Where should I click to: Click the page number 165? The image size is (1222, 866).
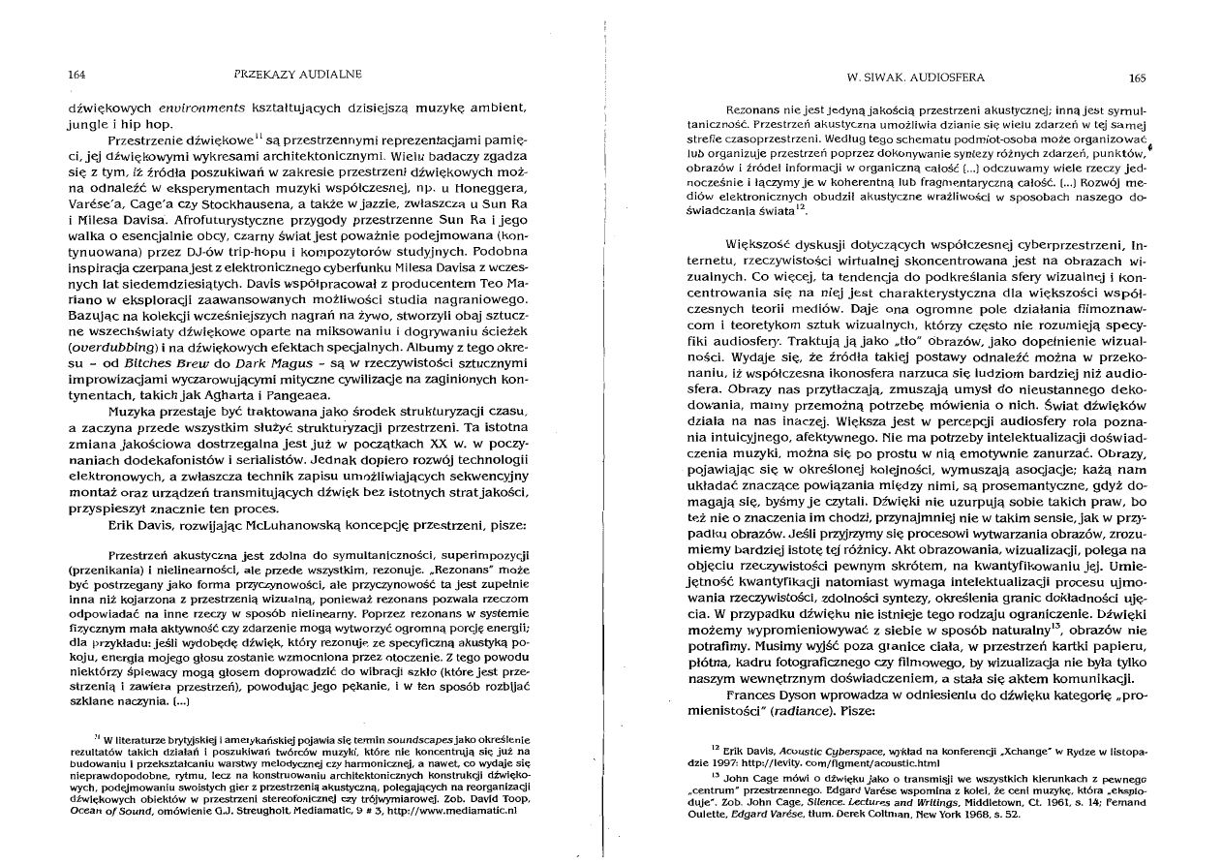point(1137,77)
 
